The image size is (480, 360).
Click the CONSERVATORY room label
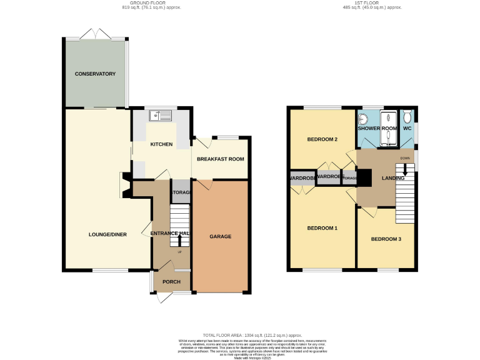point(95,74)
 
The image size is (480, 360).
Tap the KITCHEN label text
point(161,144)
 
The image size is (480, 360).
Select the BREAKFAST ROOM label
point(220,159)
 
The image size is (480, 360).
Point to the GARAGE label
point(220,237)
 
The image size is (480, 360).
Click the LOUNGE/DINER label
point(107,234)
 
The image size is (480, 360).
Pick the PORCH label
point(171,282)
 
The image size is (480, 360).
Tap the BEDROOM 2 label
point(322,139)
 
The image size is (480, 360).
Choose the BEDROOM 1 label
point(322,228)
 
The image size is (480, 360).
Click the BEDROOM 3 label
point(386,239)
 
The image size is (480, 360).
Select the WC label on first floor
point(407,128)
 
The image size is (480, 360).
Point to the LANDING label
point(394,179)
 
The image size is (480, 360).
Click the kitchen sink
point(161,115)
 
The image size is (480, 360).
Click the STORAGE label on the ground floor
point(181,192)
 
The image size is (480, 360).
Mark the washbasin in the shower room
point(362,120)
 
